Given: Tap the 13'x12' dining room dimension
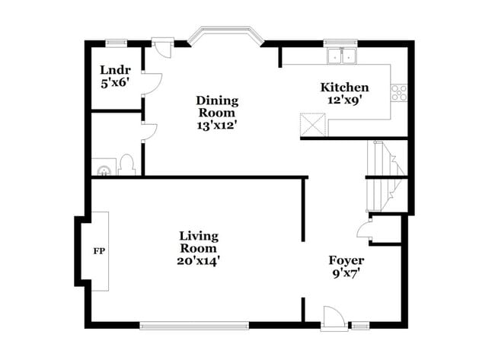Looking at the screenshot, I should pos(217,126).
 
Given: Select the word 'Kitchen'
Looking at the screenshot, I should pos(344,88).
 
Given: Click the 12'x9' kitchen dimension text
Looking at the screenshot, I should pos(344,100).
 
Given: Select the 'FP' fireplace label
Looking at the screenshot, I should pos(98,250).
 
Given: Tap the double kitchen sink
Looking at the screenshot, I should pos(341,56).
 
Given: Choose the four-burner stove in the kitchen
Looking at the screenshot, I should pos(399,91).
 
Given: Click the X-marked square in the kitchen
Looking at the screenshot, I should pos(311,123).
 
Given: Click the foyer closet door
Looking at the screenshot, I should pos(364,231).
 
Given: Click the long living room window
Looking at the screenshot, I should pos(194,327).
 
